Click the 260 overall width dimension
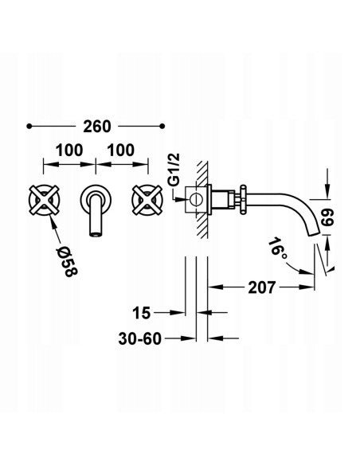[x=96, y=126]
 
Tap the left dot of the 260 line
[x=29, y=126]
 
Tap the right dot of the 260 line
[x=162, y=126]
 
